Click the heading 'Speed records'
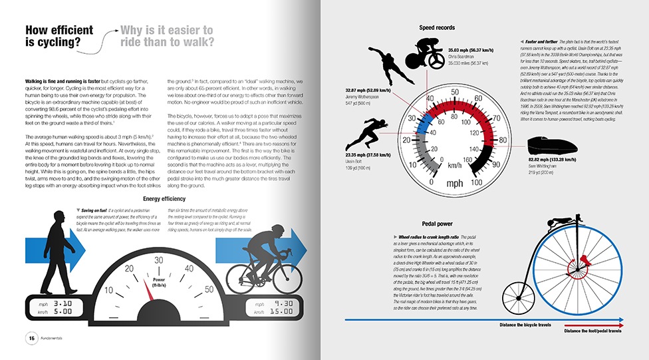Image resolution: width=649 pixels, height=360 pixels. click(437, 28)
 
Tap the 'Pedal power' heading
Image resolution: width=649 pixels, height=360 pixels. click(437, 224)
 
